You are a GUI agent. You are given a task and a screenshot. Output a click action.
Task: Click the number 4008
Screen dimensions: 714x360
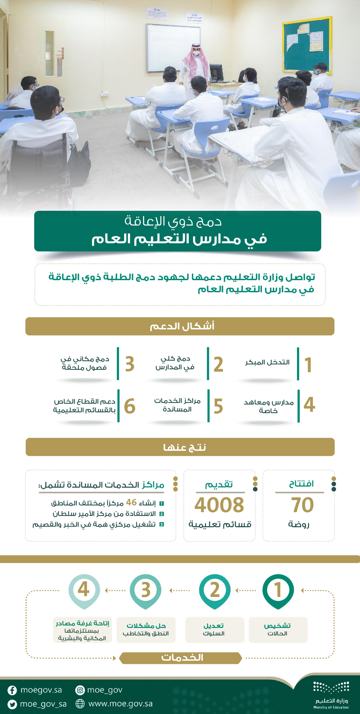tap(219, 505)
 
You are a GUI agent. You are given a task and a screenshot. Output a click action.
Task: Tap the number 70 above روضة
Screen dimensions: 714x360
tap(302, 505)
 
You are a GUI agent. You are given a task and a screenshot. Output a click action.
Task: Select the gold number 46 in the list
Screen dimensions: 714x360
tap(131, 502)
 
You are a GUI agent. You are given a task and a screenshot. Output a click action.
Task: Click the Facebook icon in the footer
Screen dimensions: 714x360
tap(12, 690)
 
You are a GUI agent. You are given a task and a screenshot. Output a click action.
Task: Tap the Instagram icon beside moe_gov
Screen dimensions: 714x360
tap(80, 690)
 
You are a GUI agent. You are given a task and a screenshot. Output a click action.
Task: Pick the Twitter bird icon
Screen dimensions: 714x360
tap(12, 704)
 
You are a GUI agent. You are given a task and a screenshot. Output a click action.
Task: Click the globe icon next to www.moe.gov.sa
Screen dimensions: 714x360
tap(80, 704)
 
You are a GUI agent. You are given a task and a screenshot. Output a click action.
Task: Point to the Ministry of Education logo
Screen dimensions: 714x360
tap(331, 694)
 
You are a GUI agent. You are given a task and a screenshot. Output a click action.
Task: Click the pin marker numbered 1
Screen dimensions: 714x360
tap(278, 590)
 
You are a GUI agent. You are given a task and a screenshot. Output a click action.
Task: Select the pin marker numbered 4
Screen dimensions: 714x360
tap(84, 590)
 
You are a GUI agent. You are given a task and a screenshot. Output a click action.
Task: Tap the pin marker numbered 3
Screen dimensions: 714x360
tap(146, 590)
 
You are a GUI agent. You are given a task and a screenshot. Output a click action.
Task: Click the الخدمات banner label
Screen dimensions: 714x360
tap(182, 657)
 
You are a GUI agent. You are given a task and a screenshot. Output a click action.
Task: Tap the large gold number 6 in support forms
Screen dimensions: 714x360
tap(130, 406)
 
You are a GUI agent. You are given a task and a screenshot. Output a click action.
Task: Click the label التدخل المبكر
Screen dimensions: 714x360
tap(267, 362)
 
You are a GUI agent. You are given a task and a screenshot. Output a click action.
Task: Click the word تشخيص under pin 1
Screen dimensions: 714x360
tap(277, 625)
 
